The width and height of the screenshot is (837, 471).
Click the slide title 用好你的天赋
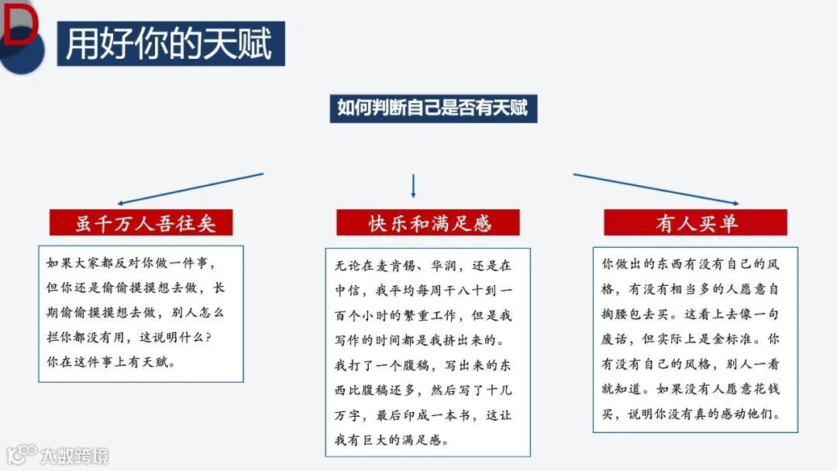click(169, 44)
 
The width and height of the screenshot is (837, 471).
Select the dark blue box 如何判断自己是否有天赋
click(432, 108)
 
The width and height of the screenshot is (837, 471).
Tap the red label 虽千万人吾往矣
click(142, 224)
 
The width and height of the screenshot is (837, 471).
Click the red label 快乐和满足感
click(429, 224)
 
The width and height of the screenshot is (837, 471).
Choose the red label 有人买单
click(695, 224)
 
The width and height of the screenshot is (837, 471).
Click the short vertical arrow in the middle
click(413, 186)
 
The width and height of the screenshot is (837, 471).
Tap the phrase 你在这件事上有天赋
click(111, 362)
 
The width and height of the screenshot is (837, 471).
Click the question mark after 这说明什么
click(215, 338)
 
